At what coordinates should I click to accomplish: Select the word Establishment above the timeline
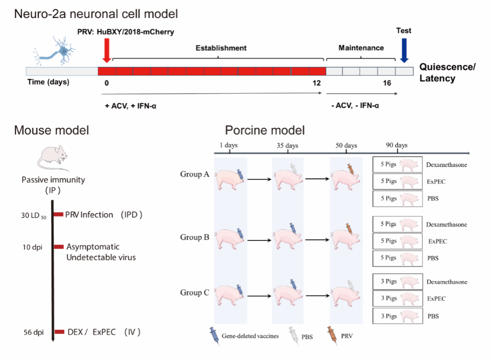[x=220, y=48]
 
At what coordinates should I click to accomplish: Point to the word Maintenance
[x=361, y=48]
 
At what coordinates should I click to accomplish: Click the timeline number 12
[x=316, y=82]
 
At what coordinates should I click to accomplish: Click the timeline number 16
[x=387, y=82]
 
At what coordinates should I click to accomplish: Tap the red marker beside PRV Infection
[x=57, y=214]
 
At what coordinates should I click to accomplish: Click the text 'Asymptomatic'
[x=93, y=247]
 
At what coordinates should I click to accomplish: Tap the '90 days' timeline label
[x=396, y=145]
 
